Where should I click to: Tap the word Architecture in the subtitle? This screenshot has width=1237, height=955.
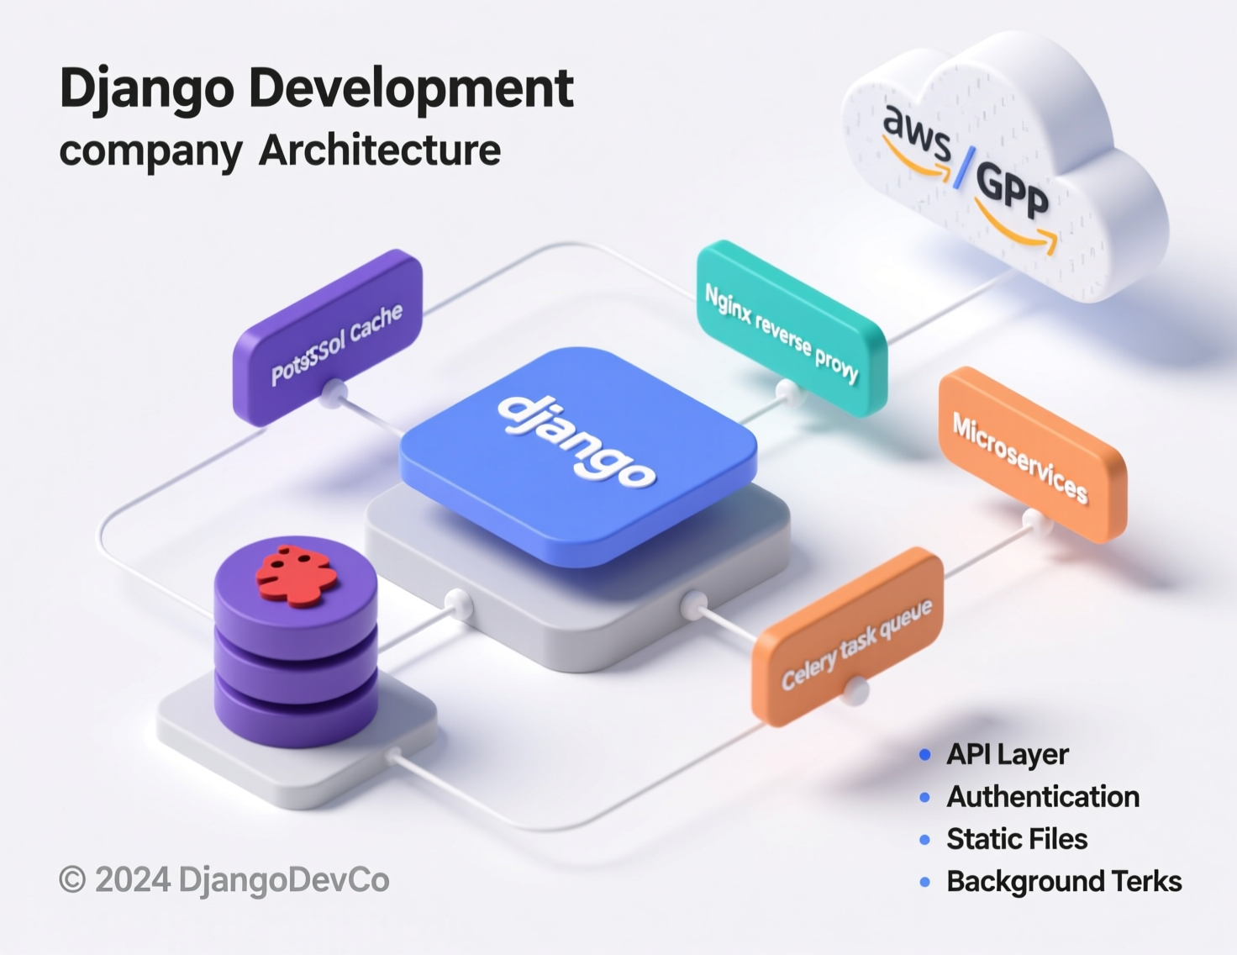[x=379, y=150]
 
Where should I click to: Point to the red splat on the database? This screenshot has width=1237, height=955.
[x=296, y=576]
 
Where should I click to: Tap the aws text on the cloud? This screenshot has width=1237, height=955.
[x=916, y=135]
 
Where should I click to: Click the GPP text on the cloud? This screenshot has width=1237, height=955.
[x=1013, y=192]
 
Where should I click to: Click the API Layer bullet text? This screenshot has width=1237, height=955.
[x=1007, y=754]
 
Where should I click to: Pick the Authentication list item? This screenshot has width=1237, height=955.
[x=1042, y=796]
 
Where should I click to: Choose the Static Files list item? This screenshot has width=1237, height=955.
[x=1016, y=839]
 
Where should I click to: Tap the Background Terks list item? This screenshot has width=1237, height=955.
[x=1063, y=881]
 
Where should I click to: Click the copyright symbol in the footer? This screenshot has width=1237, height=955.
[x=72, y=880]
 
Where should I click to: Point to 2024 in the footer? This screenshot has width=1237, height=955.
[x=133, y=880]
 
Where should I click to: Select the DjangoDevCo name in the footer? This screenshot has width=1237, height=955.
[x=283, y=880]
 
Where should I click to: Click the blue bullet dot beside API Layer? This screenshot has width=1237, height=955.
[x=925, y=754]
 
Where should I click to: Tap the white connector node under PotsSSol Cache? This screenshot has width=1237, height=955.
[x=333, y=391]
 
